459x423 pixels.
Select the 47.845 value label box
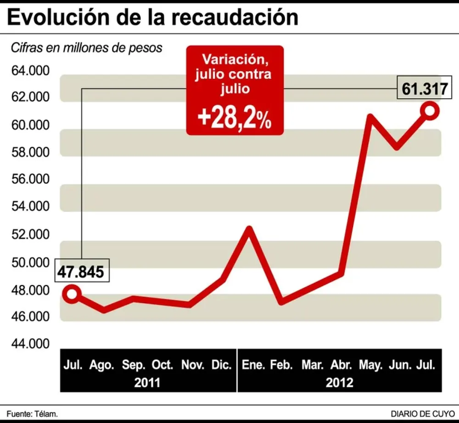pos(81,271)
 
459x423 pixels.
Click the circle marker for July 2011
pos(72,293)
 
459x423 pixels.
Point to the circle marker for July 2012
pos(430,111)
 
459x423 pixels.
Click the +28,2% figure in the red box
pos(234,119)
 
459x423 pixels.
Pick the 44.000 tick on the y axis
pos(29,344)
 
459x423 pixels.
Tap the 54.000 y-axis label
pos(29,207)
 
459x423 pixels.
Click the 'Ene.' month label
pos(252,366)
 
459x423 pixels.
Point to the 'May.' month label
pos(371,366)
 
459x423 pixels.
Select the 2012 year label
pos(340,382)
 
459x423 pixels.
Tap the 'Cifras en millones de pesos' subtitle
pos(86,48)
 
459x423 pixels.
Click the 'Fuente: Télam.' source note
pos(32,414)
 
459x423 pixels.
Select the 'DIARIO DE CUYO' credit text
pos(422,414)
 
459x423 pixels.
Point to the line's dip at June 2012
pos(397,146)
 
